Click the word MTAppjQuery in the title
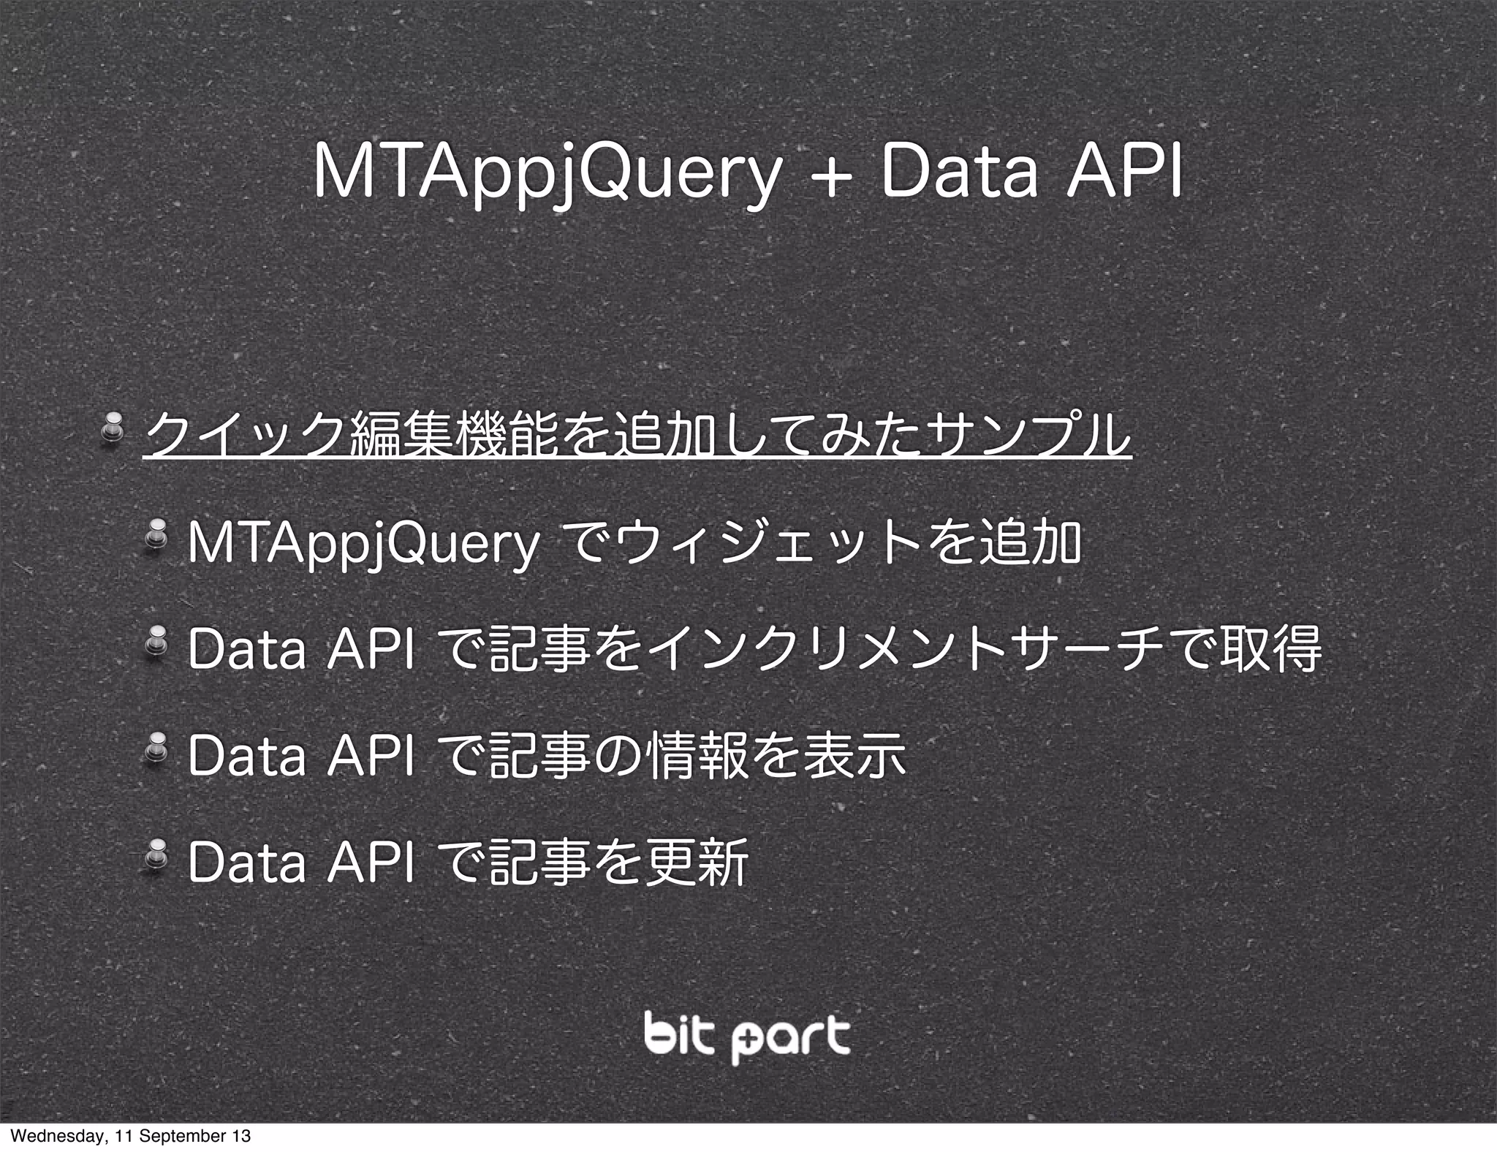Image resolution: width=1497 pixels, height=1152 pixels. [545, 175]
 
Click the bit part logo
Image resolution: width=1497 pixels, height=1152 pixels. [747, 1036]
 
